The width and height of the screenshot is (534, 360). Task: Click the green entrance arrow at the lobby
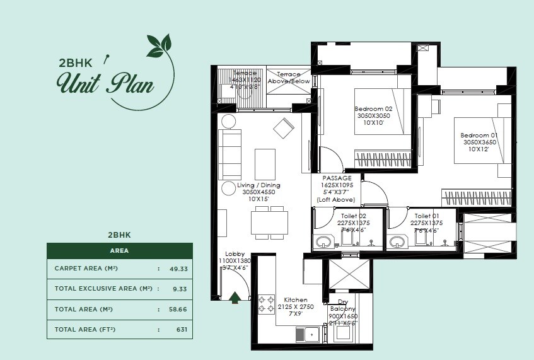click(235, 297)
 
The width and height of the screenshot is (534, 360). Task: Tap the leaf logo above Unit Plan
click(159, 45)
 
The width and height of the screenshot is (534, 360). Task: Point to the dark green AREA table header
click(120, 250)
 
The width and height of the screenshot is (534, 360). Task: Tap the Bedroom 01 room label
click(476, 142)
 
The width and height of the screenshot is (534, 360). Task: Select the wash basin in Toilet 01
click(397, 241)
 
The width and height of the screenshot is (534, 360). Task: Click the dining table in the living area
click(265, 222)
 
